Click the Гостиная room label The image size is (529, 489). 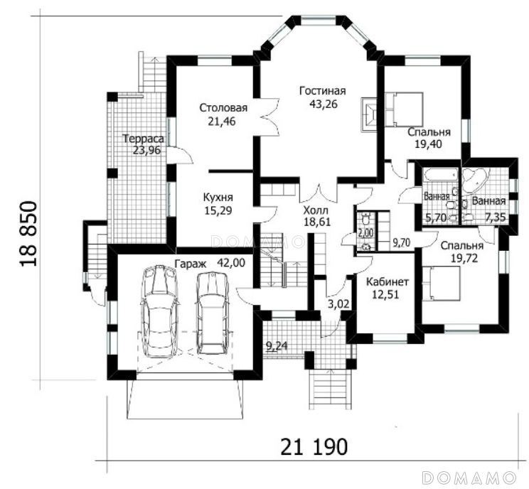coord(323,91)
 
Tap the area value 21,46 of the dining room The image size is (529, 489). coord(222,122)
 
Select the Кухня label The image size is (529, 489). coord(218,197)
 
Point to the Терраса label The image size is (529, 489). coord(144,139)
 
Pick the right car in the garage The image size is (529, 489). coord(213,313)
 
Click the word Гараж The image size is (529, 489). coord(191,264)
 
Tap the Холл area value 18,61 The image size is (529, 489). coord(317,222)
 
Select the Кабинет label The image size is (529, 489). coord(388,281)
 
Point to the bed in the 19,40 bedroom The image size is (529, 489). coord(404,109)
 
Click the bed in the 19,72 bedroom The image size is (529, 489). coord(441,284)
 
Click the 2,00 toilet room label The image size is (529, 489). coord(365,232)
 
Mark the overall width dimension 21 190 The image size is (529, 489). coord(314,447)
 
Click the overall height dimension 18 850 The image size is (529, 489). coord(28,234)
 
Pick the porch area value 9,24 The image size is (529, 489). coord(277,346)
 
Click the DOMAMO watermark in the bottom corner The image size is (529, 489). coord(469,478)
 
